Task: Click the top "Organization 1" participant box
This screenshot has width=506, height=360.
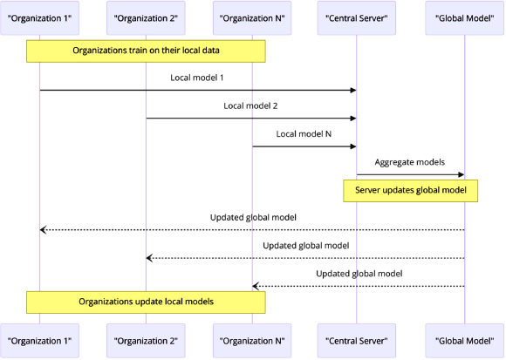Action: click(39, 18)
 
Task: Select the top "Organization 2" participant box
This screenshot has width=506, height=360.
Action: click(146, 18)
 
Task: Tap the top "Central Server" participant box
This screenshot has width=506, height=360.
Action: click(357, 18)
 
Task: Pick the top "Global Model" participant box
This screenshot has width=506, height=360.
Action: click(465, 18)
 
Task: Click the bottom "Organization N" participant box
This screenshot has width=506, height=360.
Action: click(252, 341)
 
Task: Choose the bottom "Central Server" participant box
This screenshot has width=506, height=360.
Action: click(357, 341)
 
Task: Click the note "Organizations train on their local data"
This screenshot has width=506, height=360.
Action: click(146, 51)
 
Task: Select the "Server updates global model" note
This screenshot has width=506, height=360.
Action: click(411, 191)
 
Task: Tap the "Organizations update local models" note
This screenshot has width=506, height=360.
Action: click(146, 302)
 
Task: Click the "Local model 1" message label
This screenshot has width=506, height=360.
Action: click(197, 78)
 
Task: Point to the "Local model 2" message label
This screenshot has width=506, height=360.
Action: click(250, 105)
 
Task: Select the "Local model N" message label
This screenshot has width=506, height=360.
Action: click(304, 133)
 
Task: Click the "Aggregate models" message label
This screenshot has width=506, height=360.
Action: click(410, 162)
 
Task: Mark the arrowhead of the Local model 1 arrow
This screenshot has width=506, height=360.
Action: click(353, 91)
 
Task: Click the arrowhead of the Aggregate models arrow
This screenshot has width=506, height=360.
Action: click(462, 174)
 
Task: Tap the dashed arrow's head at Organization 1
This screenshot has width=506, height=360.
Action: click(43, 230)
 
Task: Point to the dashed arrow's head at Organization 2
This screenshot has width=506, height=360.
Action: click(149, 258)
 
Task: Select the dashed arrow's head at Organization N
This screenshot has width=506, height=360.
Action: click(256, 286)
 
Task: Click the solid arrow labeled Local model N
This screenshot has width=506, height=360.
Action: click(304, 146)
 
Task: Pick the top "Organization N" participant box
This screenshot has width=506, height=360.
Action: click(252, 18)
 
